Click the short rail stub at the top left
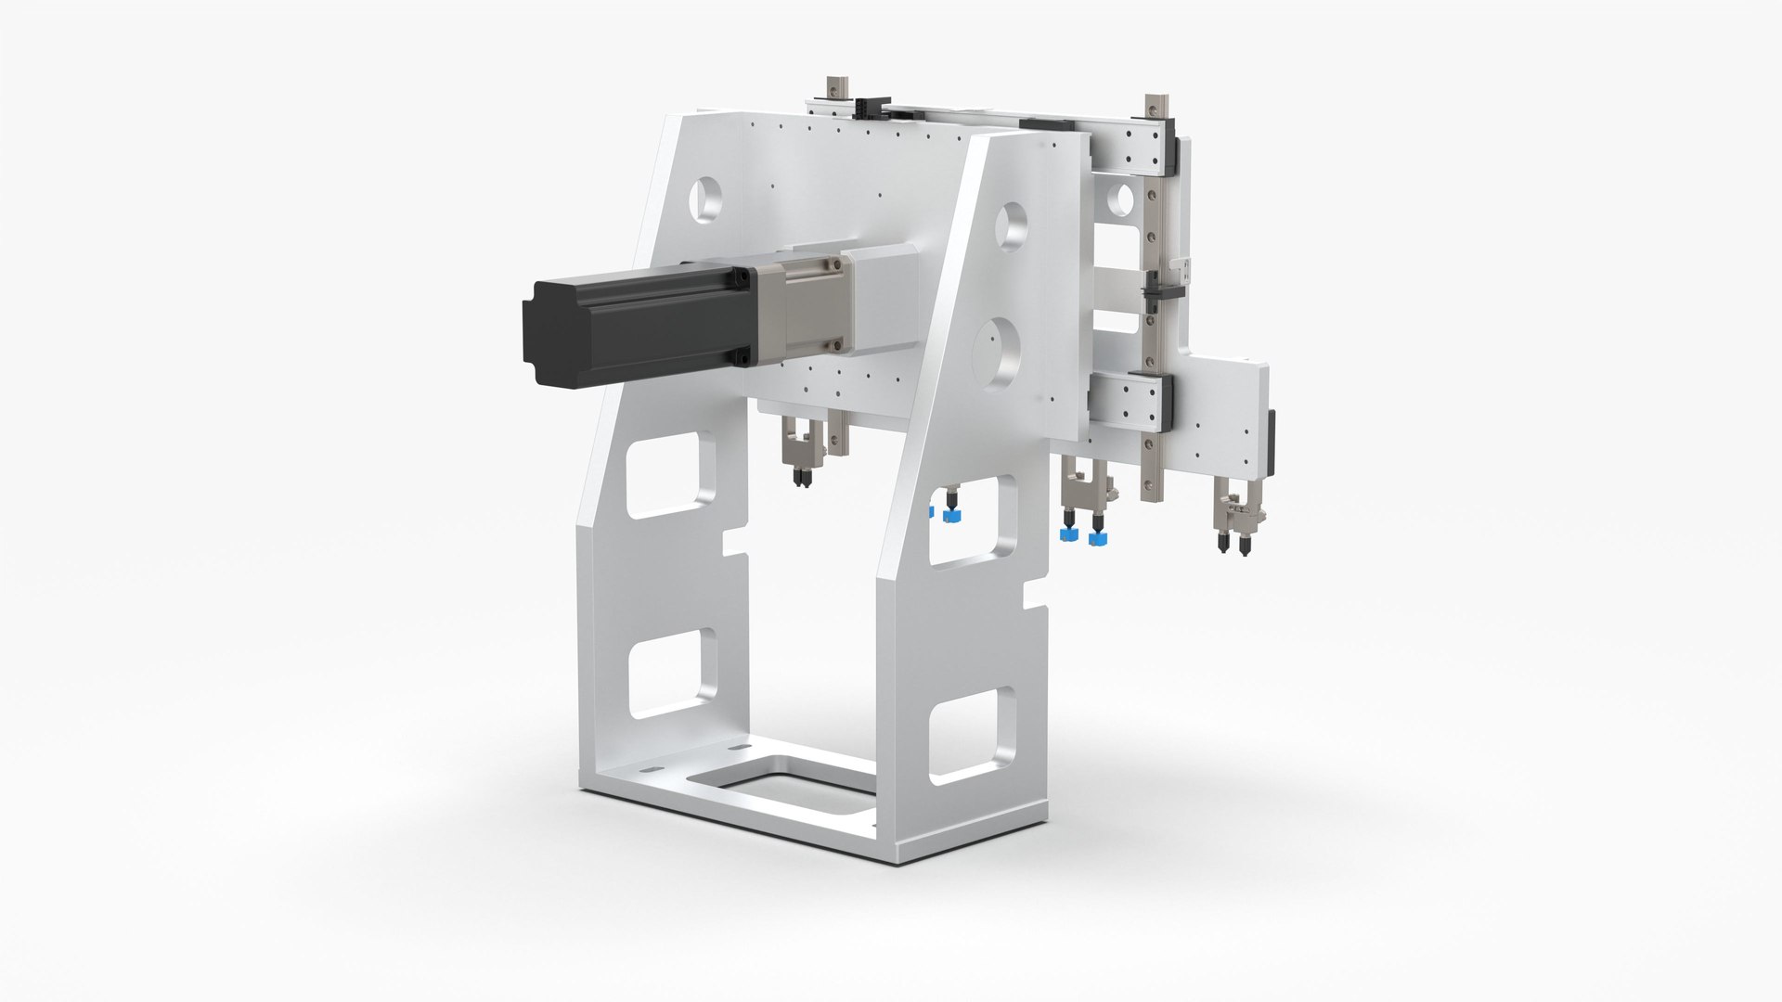click(x=833, y=89)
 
